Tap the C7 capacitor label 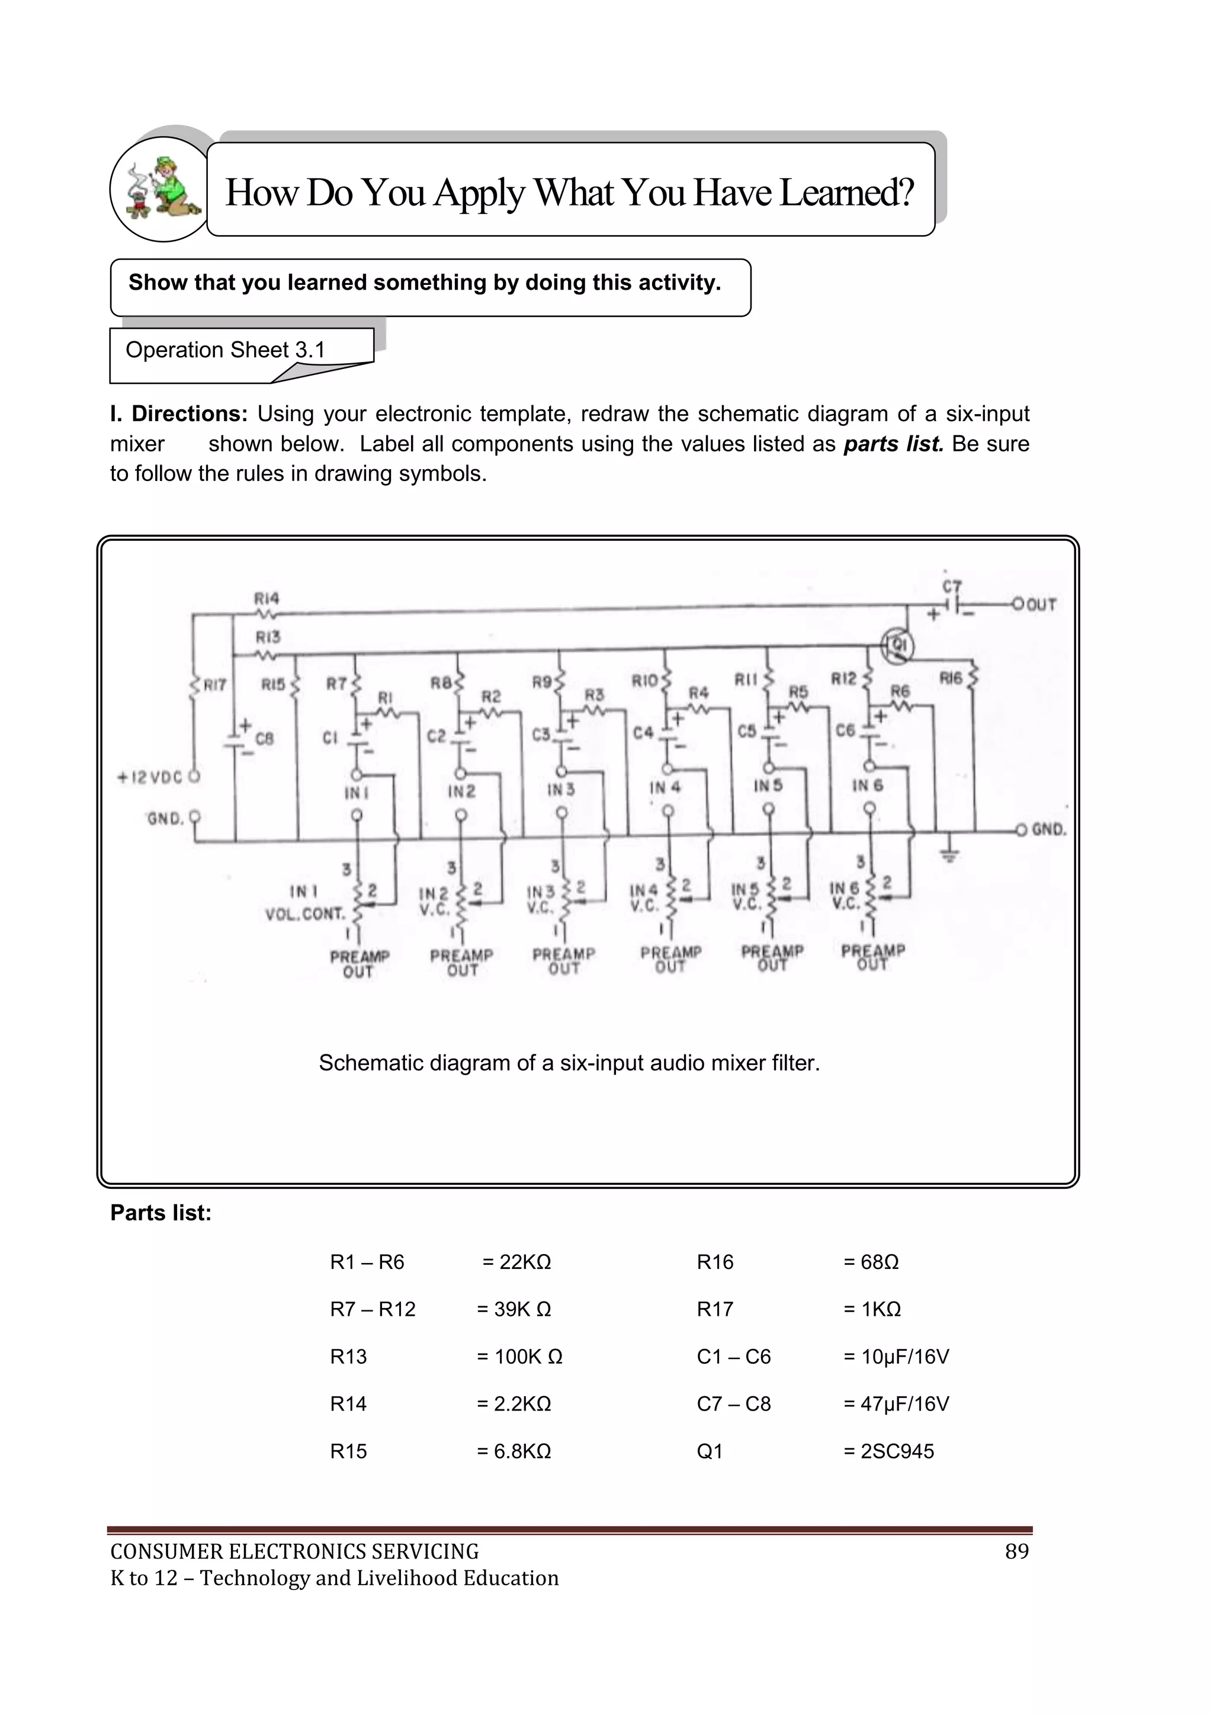coord(952,587)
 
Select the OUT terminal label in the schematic coord(1041,605)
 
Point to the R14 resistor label coord(267,598)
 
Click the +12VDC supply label coord(149,778)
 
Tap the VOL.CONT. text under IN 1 coord(306,913)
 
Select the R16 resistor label coord(951,678)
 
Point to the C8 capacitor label coord(264,739)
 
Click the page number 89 coord(1016,1551)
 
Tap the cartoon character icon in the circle coord(163,190)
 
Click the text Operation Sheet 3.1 coord(225,350)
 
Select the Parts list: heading coord(161,1213)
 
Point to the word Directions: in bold coord(189,414)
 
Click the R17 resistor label coord(214,684)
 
